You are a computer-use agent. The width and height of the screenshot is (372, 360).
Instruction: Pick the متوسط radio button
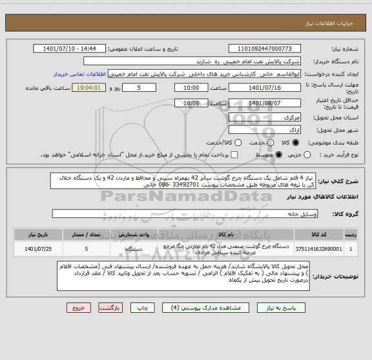(269, 154)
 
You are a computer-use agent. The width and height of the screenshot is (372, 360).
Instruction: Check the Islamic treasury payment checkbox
(234, 154)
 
